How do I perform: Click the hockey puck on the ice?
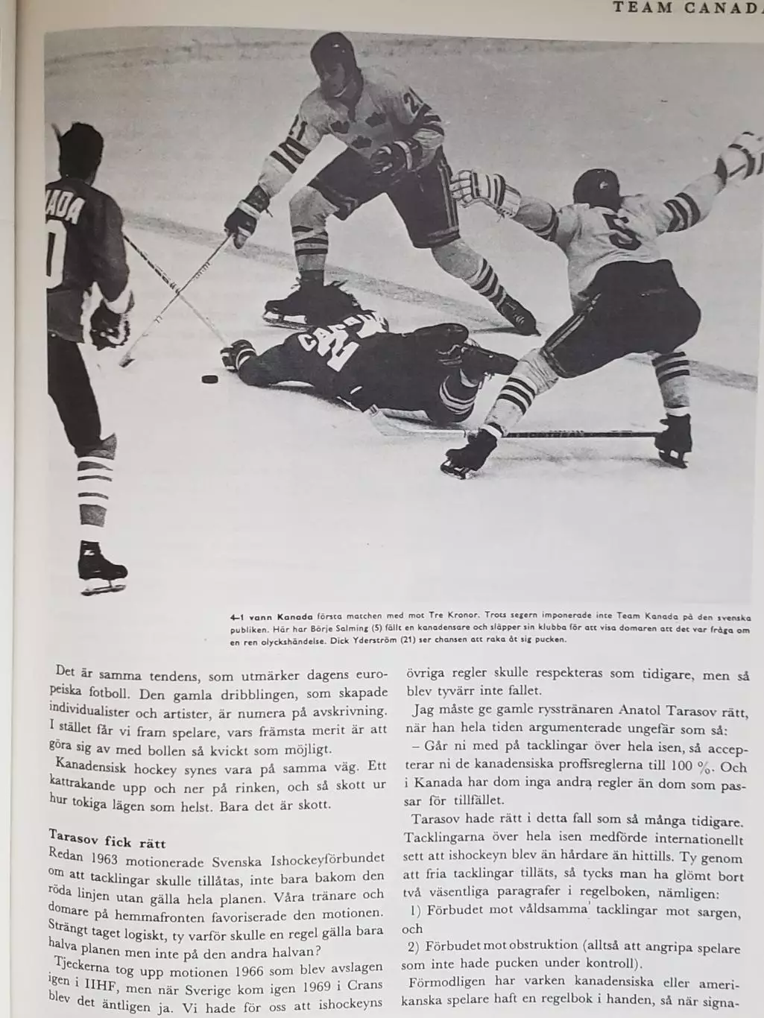pyautogui.click(x=210, y=379)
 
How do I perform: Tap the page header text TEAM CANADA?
pyautogui.click(x=686, y=8)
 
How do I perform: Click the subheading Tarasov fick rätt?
pyautogui.click(x=107, y=843)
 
